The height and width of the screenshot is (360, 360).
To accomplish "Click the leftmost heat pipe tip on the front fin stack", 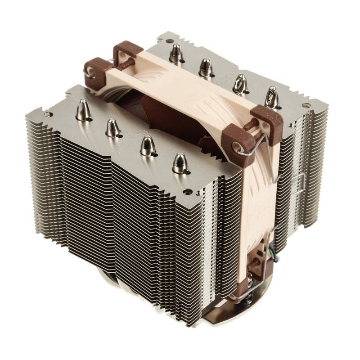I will pos(83,109).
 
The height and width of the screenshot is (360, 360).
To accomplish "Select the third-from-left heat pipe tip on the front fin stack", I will pos(146,143).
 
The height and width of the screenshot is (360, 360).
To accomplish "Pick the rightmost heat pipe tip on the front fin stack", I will pos(180,162).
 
